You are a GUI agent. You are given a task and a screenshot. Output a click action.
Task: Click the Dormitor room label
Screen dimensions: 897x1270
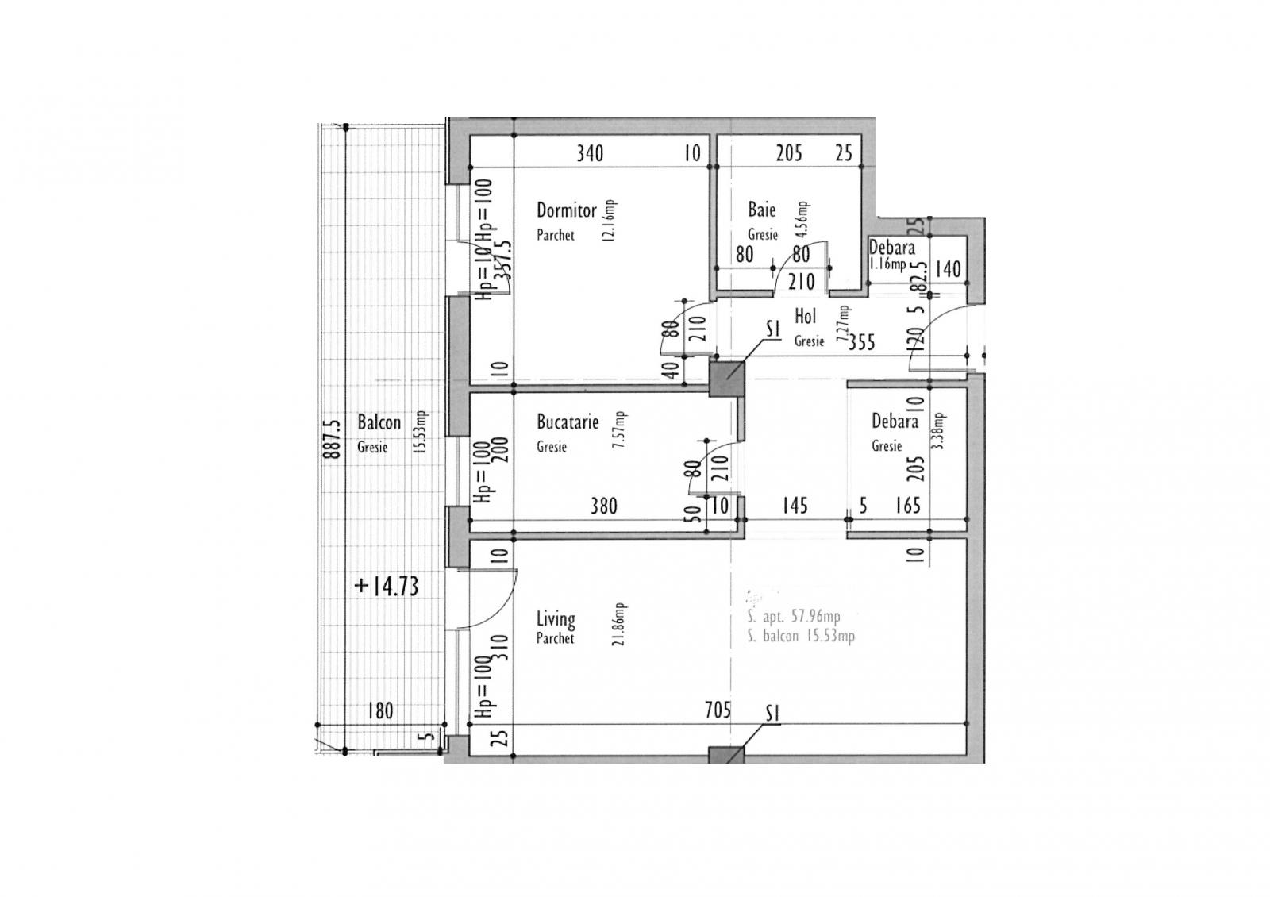[566, 211]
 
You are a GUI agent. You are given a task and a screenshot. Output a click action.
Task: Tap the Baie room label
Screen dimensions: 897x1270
[761, 210]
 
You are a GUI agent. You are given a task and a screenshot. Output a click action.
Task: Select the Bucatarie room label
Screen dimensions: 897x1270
[567, 422]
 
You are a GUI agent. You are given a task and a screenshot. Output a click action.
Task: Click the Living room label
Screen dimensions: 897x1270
[556, 618]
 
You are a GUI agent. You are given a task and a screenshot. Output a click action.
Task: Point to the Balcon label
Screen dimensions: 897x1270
[379, 422]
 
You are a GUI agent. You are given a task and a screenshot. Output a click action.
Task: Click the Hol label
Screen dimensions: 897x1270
[805, 317]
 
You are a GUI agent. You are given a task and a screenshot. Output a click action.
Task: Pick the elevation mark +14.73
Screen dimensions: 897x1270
[387, 587]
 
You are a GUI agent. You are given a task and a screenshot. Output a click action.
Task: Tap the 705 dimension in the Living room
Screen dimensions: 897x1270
[717, 710]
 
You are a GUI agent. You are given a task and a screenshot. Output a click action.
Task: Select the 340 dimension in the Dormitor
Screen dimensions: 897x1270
[589, 152]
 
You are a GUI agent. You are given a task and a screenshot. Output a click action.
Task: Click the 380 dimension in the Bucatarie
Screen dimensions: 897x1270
[603, 506]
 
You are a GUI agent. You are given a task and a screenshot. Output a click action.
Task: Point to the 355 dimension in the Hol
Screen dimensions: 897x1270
[861, 342]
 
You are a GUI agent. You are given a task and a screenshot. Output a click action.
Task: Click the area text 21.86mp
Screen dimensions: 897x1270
[619, 624]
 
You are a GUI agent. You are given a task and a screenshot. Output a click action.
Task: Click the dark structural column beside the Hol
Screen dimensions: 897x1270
[726, 378]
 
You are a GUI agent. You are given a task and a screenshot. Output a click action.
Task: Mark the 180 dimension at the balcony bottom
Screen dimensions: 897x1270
[380, 710]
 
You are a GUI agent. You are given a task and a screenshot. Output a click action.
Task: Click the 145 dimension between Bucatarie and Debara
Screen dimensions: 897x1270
[794, 506]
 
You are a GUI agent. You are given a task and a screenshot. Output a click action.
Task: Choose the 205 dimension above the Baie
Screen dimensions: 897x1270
[788, 152]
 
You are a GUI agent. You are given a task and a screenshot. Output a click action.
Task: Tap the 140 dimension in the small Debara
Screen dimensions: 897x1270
[947, 269]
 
